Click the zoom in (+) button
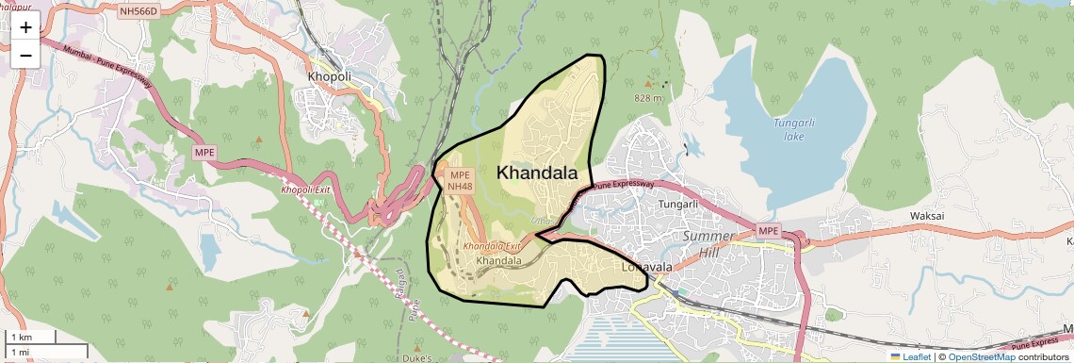[x=25, y=26]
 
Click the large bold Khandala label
[x=537, y=173]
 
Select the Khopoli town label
[x=329, y=75]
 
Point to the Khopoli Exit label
[x=305, y=190]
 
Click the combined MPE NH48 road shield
[x=460, y=181]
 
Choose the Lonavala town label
[x=647, y=267]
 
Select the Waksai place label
[x=927, y=216]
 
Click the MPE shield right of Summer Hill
[x=769, y=230]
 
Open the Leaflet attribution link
[x=909, y=356]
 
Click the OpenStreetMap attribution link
[x=981, y=356]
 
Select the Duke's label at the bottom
[x=415, y=358]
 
